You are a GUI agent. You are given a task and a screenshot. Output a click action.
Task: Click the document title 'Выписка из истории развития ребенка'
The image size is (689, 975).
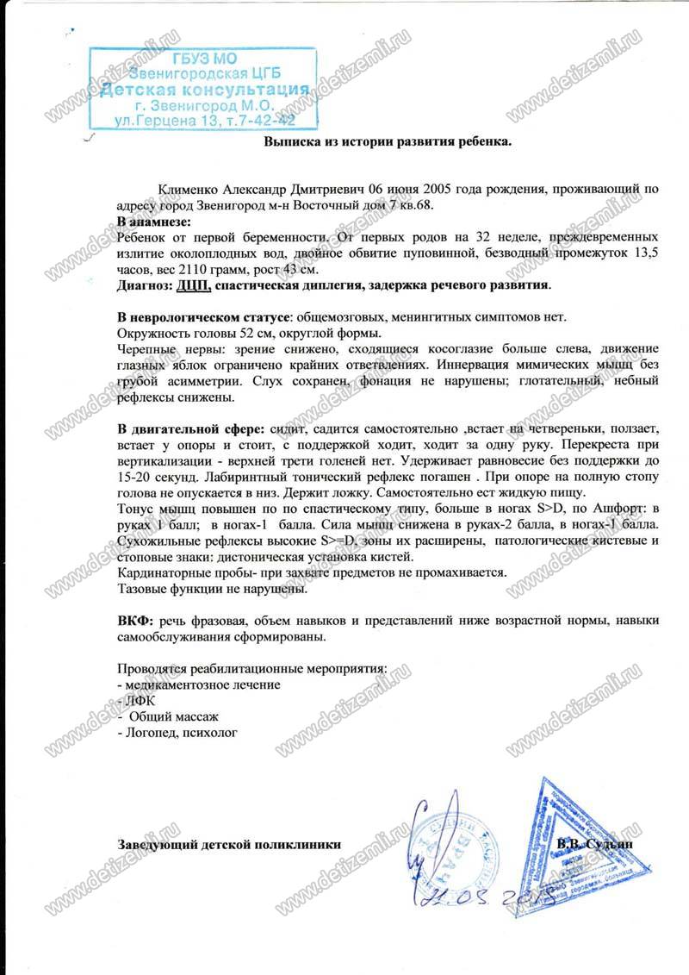(388, 144)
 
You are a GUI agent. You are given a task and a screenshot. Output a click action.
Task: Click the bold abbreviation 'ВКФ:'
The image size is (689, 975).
(136, 622)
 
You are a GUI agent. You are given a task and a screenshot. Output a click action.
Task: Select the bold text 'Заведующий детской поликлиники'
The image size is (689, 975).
(228, 845)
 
